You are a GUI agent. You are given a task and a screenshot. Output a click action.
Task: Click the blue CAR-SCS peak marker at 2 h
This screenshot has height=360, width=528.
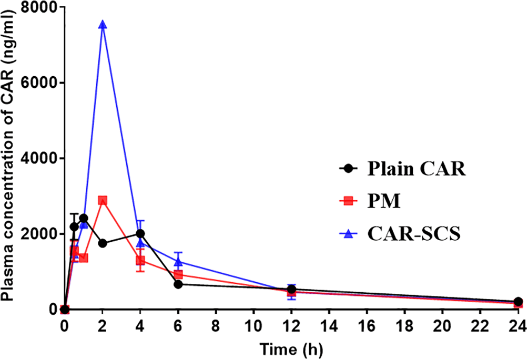pyautogui.click(x=103, y=25)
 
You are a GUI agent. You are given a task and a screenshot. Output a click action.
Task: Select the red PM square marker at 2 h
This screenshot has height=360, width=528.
pyautogui.click(x=103, y=200)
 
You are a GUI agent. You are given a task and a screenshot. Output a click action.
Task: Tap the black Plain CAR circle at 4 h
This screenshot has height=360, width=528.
pyautogui.click(x=140, y=233)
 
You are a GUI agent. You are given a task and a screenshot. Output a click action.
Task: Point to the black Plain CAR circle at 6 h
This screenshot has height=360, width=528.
pyautogui.click(x=178, y=284)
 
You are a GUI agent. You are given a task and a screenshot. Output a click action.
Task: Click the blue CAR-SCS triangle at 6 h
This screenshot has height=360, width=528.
pyautogui.click(x=178, y=262)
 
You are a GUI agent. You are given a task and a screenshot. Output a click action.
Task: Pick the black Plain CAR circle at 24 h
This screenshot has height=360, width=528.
pyautogui.click(x=518, y=302)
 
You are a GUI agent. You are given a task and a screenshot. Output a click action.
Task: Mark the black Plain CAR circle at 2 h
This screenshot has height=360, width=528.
pyautogui.click(x=103, y=243)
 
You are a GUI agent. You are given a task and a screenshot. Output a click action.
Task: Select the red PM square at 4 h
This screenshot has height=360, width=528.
pyautogui.click(x=140, y=260)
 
